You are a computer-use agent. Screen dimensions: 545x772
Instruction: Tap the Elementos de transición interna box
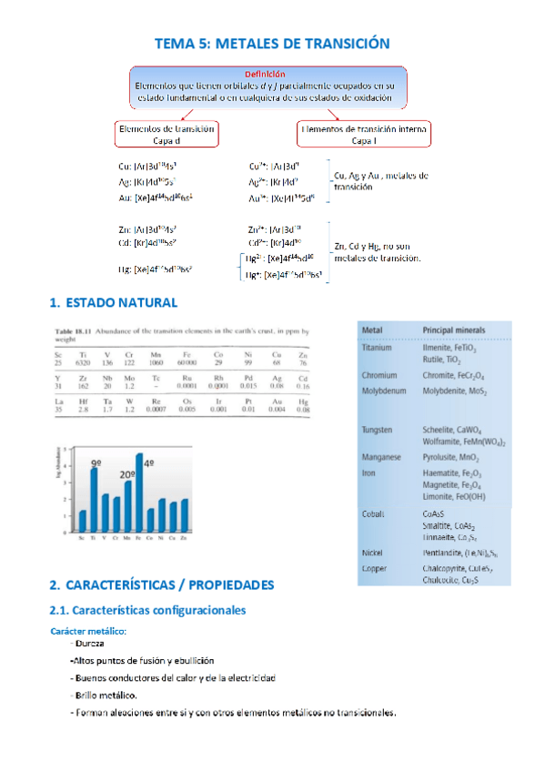coord(364,135)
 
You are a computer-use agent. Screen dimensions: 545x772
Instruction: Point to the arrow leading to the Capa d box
coord(186,112)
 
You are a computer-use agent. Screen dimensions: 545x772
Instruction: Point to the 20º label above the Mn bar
coord(127,474)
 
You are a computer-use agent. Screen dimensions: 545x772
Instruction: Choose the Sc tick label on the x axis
coord(83,540)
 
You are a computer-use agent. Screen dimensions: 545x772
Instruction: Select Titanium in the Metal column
coord(377,347)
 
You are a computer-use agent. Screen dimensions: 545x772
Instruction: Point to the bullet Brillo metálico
coord(105,696)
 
